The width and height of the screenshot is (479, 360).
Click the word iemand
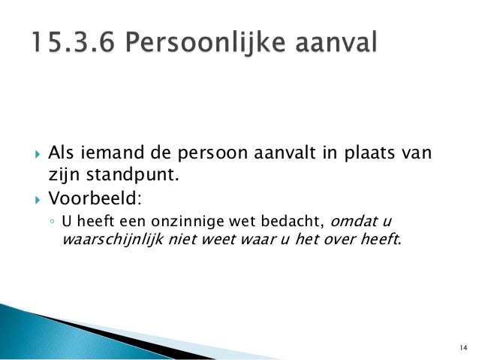pyautogui.click(x=108, y=155)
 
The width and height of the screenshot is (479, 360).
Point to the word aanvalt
pyautogui.click(x=281, y=155)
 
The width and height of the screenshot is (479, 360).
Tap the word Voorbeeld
pyautogui.click(x=93, y=200)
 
